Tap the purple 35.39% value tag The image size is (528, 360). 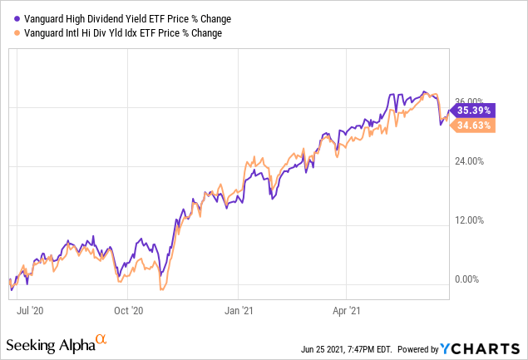tap(472, 109)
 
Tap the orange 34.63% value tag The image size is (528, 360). tap(472, 125)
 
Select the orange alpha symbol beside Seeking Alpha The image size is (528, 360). tap(101, 339)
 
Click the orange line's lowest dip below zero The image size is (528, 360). tap(161, 289)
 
